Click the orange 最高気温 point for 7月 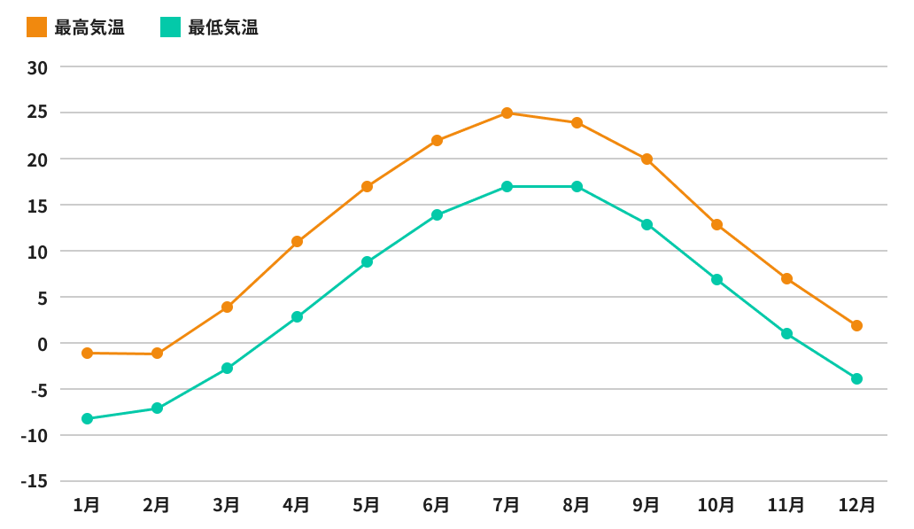[507, 113]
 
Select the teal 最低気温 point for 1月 [87, 419]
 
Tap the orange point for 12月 [856, 326]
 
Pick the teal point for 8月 [577, 187]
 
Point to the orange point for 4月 [297, 242]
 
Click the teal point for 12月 [856, 379]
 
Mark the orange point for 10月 [716, 225]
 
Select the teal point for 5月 [367, 262]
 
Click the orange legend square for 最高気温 [36, 27]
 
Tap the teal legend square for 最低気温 [170, 27]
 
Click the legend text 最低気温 [223, 27]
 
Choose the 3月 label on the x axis [227, 505]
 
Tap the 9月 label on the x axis [647, 505]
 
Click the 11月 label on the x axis [786, 505]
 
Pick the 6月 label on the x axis [437, 505]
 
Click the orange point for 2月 [157, 354]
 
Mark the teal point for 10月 [716, 280]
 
